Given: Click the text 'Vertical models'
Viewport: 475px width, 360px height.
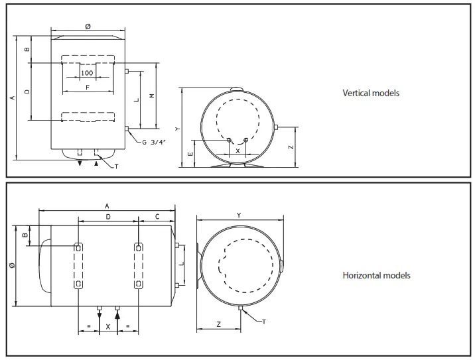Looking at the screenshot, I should pyautogui.click(x=370, y=93).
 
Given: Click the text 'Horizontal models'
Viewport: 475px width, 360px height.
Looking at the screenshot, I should pyautogui.click(x=376, y=275).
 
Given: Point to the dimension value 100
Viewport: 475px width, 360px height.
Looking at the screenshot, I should pyautogui.click(x=87, y=73).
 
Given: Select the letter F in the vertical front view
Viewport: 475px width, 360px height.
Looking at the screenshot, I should pyautogui.click(x=88, y=87).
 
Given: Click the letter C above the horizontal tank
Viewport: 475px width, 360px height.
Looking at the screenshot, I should pyautogui.click(x=157, y=216).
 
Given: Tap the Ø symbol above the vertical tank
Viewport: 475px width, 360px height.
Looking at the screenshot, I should pyautogui.click(x=88, y=26).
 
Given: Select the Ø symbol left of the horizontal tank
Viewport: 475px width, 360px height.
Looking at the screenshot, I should pyautogui.click(x=13, y=266).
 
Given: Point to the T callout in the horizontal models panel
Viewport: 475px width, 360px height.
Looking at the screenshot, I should pyautogui.click(x=263, y=322).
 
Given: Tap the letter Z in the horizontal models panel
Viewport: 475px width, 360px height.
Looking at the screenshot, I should pyautogui.click(x=218, y=324).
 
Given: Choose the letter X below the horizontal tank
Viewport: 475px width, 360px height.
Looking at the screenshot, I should pyautogui.click(x=108, y=327).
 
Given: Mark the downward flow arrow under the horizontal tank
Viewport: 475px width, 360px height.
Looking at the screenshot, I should pyautogui.click(x=99, y=316).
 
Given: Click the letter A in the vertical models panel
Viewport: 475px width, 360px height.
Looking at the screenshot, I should pyautogui.click(x=12, y=97).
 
